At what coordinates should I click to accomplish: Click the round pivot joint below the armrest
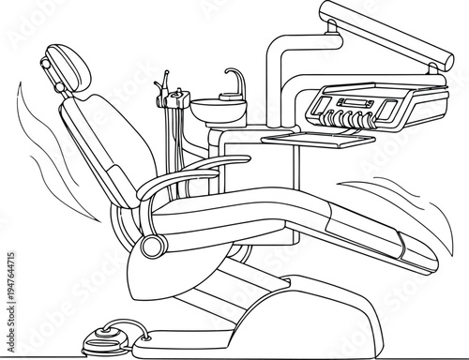pos(152,247)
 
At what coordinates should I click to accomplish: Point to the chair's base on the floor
pos(281,309)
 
